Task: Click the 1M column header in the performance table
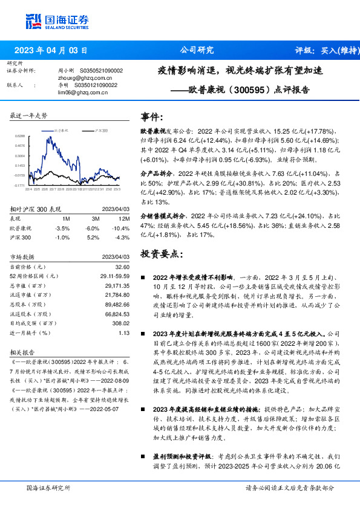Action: pos(66,218)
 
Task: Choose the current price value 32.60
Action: pos(122,266)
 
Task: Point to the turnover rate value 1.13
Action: pos(124,332)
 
